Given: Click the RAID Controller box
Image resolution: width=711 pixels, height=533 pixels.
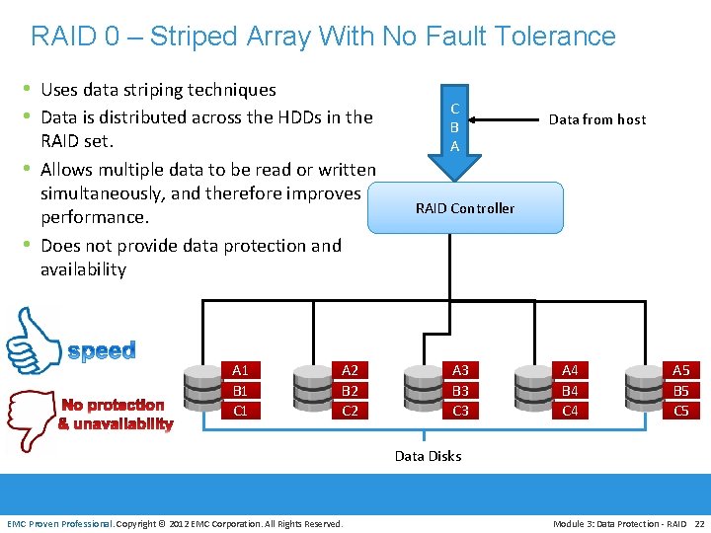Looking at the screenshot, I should pos(464,207).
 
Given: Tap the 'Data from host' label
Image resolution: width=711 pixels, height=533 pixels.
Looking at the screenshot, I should pos(596,119).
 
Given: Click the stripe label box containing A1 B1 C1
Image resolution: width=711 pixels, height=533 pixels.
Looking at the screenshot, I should pos(240,390).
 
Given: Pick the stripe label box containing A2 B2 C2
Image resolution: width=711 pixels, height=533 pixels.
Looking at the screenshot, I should pos(350,390).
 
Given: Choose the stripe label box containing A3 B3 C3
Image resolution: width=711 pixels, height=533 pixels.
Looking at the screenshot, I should pos(460,390).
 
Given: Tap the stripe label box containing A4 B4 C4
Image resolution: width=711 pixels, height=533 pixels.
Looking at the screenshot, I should pos(570,390).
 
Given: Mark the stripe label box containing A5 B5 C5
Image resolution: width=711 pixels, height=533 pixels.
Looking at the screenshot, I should pos(680,390).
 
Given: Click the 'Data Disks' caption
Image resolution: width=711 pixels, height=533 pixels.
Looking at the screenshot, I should pos(428,456).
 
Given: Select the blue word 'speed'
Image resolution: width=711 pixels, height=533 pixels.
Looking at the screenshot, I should pos(102,351).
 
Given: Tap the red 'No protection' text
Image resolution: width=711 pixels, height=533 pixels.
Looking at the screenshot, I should pos(113,405).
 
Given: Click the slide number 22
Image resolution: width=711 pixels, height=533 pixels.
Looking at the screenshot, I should pos(699,523).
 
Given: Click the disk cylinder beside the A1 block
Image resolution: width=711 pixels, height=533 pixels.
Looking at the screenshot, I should pos(203,389).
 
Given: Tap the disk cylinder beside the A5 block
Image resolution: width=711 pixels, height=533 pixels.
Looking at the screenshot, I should pos(644,389).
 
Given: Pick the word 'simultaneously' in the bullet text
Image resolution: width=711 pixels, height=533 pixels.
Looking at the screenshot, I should pos(105,193).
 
